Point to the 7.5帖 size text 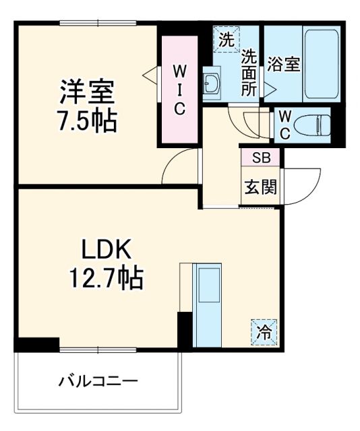coord(88,122)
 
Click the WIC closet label coord(179,90)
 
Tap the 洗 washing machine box coord(227,40)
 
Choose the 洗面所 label coord(249,71)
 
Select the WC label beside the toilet coord(284,124)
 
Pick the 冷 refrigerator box coord(265,331)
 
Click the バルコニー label coord(98,383)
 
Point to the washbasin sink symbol coord(210,84)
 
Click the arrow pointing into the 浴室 coord(269,88)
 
